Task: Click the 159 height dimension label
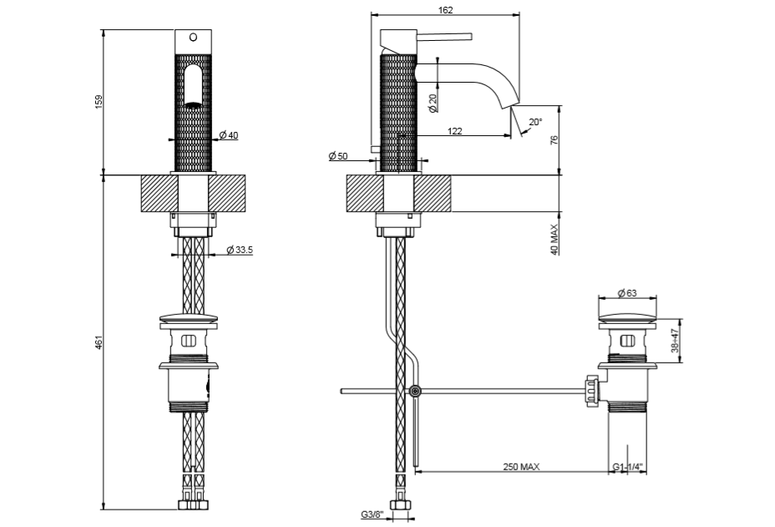click(x=98, y=101)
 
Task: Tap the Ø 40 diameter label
click(x=228, y=134)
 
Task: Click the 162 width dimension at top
click(x=444, y=10)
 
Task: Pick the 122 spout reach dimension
click(x=455, y=131)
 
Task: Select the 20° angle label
click(x=535, y=122)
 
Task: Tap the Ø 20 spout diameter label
click(x=433, y=104)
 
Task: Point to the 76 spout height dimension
click(x=554, y=140)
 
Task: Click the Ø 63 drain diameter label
click(x=627, y=292)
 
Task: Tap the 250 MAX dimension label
click(x=520, y=467)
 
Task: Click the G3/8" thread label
click(x=372, y=514)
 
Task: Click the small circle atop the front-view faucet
click(x=193, y=37)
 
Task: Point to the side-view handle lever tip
click(x=470, y=35)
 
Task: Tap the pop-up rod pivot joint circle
click(x=415, y=391)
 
